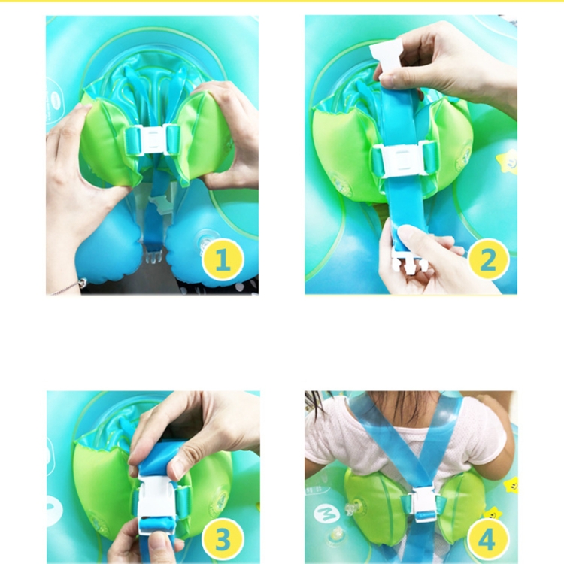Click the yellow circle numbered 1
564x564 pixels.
(223, 259)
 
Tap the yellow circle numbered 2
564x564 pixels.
(488, 259)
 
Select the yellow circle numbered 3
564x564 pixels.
(223, 539)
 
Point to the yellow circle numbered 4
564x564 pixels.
(488, 539)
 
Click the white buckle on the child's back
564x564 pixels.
(424, 504)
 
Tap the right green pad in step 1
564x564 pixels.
(202, 137)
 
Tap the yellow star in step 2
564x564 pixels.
(507, 162)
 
